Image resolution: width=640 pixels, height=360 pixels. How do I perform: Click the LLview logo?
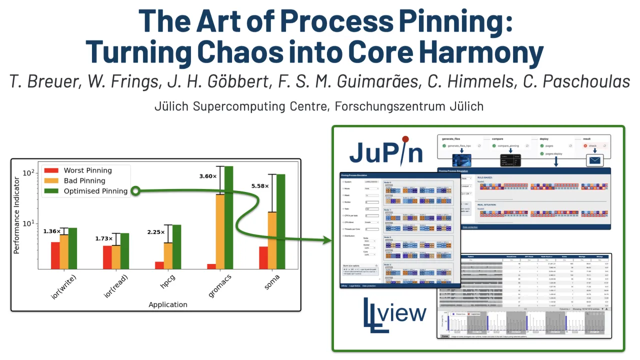394,314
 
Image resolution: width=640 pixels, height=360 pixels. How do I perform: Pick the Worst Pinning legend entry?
87,171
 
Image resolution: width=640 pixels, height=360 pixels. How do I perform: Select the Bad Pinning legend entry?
84,181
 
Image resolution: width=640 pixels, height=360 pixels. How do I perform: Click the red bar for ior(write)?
55,255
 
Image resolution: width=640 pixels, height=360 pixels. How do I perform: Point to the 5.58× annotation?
260,186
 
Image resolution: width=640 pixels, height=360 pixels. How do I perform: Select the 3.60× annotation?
207,176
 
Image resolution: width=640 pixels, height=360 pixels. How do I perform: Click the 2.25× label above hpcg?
155,232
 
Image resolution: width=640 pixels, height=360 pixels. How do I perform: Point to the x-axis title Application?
168,304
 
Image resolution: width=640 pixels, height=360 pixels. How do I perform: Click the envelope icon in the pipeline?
595,160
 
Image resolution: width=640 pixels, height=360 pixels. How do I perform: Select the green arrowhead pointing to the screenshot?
327,241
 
